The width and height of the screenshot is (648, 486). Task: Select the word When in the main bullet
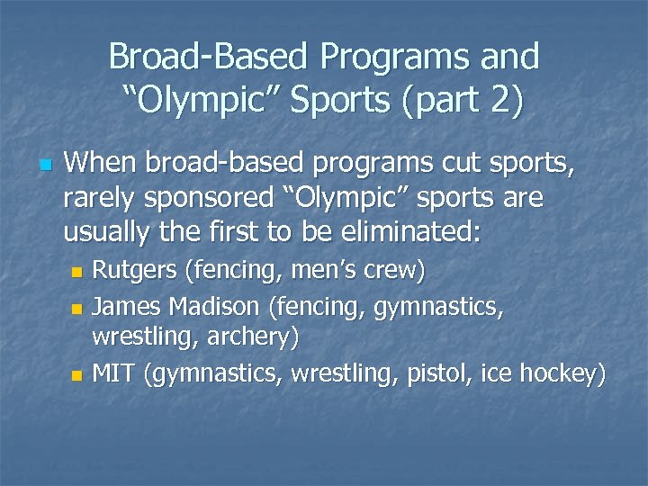coord(102,164)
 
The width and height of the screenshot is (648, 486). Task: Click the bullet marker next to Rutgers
coord(77,272)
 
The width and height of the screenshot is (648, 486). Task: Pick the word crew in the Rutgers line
coord(388,271)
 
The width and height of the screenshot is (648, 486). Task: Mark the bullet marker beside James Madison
coord(77,309)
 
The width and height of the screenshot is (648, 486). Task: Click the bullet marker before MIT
coord(77,373)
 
